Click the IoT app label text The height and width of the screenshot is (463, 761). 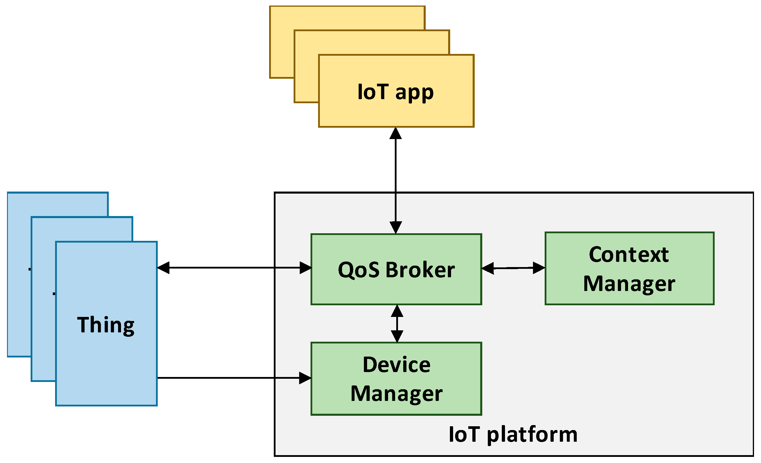click(x=395, y=92)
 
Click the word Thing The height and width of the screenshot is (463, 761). click(x=106, y=325)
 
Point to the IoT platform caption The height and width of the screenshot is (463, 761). click(x=513, y=434)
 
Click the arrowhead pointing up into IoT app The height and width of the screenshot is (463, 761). click(x=396, y=134)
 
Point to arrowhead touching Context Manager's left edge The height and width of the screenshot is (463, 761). click(x=539, y=268)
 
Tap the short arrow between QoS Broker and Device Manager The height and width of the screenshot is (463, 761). click(x=397, y=324)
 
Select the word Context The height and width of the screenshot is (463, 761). click(x=629, y=255)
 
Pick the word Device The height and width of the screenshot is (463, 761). click(x=396, y=365)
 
